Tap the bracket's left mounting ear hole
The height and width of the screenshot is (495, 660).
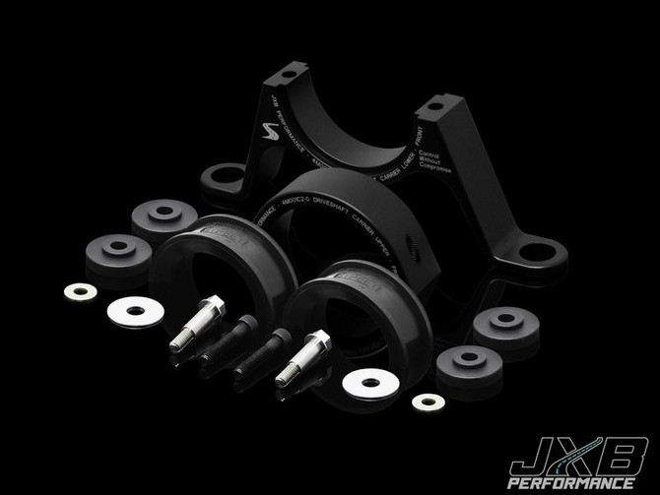[x=226, y=177]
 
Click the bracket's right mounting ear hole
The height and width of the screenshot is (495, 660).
[x=540, y=253]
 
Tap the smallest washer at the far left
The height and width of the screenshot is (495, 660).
[x=80, y=291]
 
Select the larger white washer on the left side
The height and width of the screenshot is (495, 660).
[x=135, y=311]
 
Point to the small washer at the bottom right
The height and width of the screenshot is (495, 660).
[x=428, y=402]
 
